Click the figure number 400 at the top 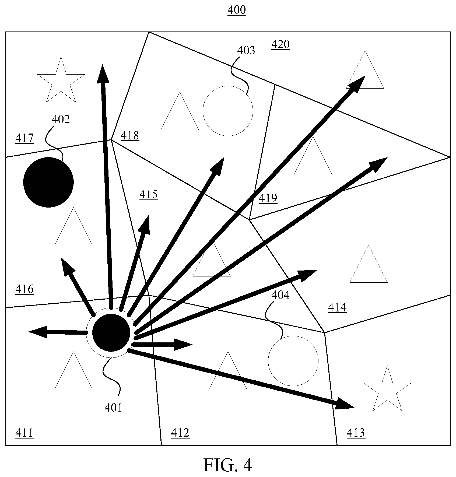point(237,10)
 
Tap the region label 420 point(280,44)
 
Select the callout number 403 point(246,51)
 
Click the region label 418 point(130,136)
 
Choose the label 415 point(149,195)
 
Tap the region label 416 point(24,289)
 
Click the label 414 point(337,307)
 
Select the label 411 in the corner point(24,433)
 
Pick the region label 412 point(180,433)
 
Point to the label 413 point(356,433)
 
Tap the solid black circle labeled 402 point(48,182)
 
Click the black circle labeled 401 point(111,333)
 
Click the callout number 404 point(280,295)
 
